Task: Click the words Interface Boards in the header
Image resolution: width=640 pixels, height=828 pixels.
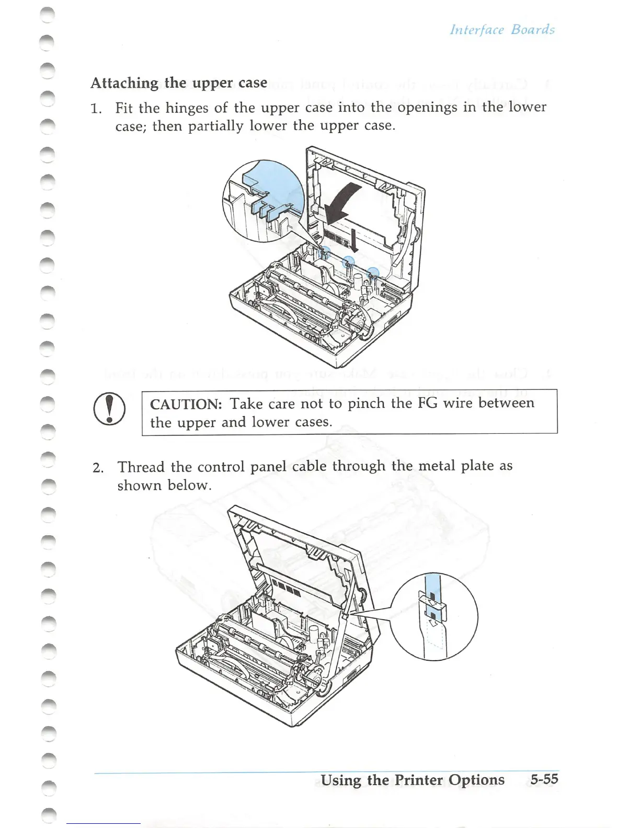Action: click(502, 29)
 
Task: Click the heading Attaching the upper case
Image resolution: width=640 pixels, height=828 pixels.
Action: click(179, 83)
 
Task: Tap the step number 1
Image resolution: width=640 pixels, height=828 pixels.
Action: click(95, 109)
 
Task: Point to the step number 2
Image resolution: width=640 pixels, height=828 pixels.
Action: click(97, 467)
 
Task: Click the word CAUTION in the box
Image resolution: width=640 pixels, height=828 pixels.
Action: click(186, 404)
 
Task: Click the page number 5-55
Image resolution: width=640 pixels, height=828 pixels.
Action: click(544, 779)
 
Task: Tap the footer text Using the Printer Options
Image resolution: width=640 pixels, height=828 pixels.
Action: click(413, 780)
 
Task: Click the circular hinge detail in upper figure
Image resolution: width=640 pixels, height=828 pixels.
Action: click(263, 201)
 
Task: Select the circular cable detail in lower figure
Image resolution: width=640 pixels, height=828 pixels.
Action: click(434, 616)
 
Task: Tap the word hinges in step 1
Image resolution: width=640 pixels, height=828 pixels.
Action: click(188, 108)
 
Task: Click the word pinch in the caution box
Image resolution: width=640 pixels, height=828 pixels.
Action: click(367, 404)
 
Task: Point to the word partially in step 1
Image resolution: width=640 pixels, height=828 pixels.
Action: click(215, 127)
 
